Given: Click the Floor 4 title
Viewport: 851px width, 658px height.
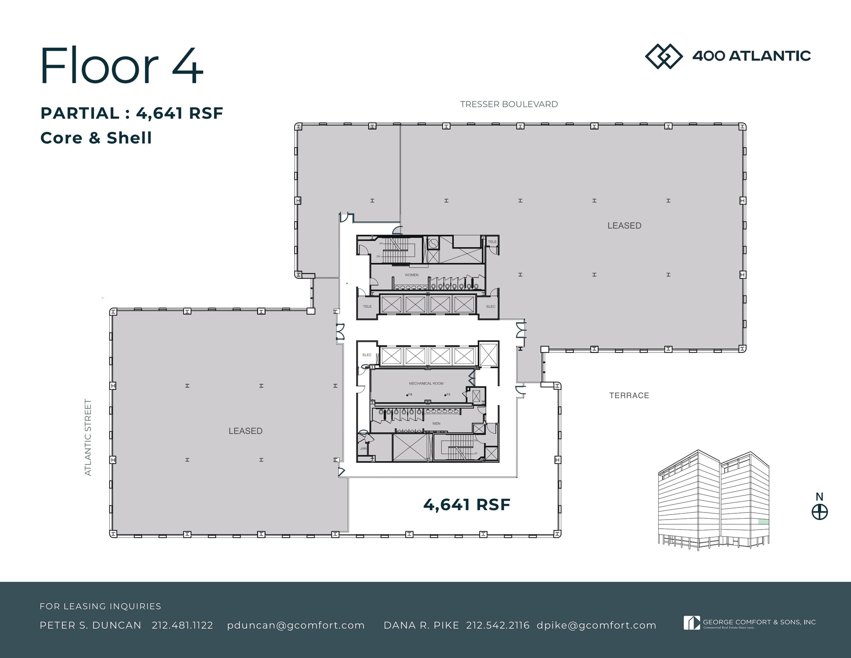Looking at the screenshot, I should click(121, 66).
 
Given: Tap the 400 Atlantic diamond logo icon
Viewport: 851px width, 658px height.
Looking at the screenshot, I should click(663, 56).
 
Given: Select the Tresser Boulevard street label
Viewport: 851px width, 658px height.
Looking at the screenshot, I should click(509, 104).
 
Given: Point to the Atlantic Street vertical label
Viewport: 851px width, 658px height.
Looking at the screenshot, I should click(88, 437).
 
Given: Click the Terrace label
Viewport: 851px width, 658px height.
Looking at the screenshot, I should click(629, 395).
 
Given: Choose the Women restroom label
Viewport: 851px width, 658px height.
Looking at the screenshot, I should click(411, 275).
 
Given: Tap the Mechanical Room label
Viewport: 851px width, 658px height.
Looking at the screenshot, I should click(426, 383).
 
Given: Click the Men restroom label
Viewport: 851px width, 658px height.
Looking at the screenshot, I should click(436, 424).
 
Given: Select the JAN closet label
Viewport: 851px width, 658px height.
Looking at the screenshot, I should click(363, 449).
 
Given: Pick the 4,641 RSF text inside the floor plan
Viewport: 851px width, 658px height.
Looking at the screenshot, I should click(466, 505).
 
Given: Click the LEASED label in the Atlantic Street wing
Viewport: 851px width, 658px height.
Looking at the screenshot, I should click(245, 431).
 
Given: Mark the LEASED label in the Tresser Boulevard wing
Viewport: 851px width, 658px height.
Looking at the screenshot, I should click(624, 226).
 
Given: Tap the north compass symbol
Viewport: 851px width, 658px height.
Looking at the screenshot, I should click(819, 512).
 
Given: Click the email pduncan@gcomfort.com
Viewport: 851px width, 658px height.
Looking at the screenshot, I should click(296, 625).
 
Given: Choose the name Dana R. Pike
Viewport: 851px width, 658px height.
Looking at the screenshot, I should click(421, 625).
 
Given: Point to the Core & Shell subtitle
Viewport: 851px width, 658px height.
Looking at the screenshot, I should click(96, 138).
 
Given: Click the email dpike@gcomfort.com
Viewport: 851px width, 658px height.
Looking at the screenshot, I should click(596, 625).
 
